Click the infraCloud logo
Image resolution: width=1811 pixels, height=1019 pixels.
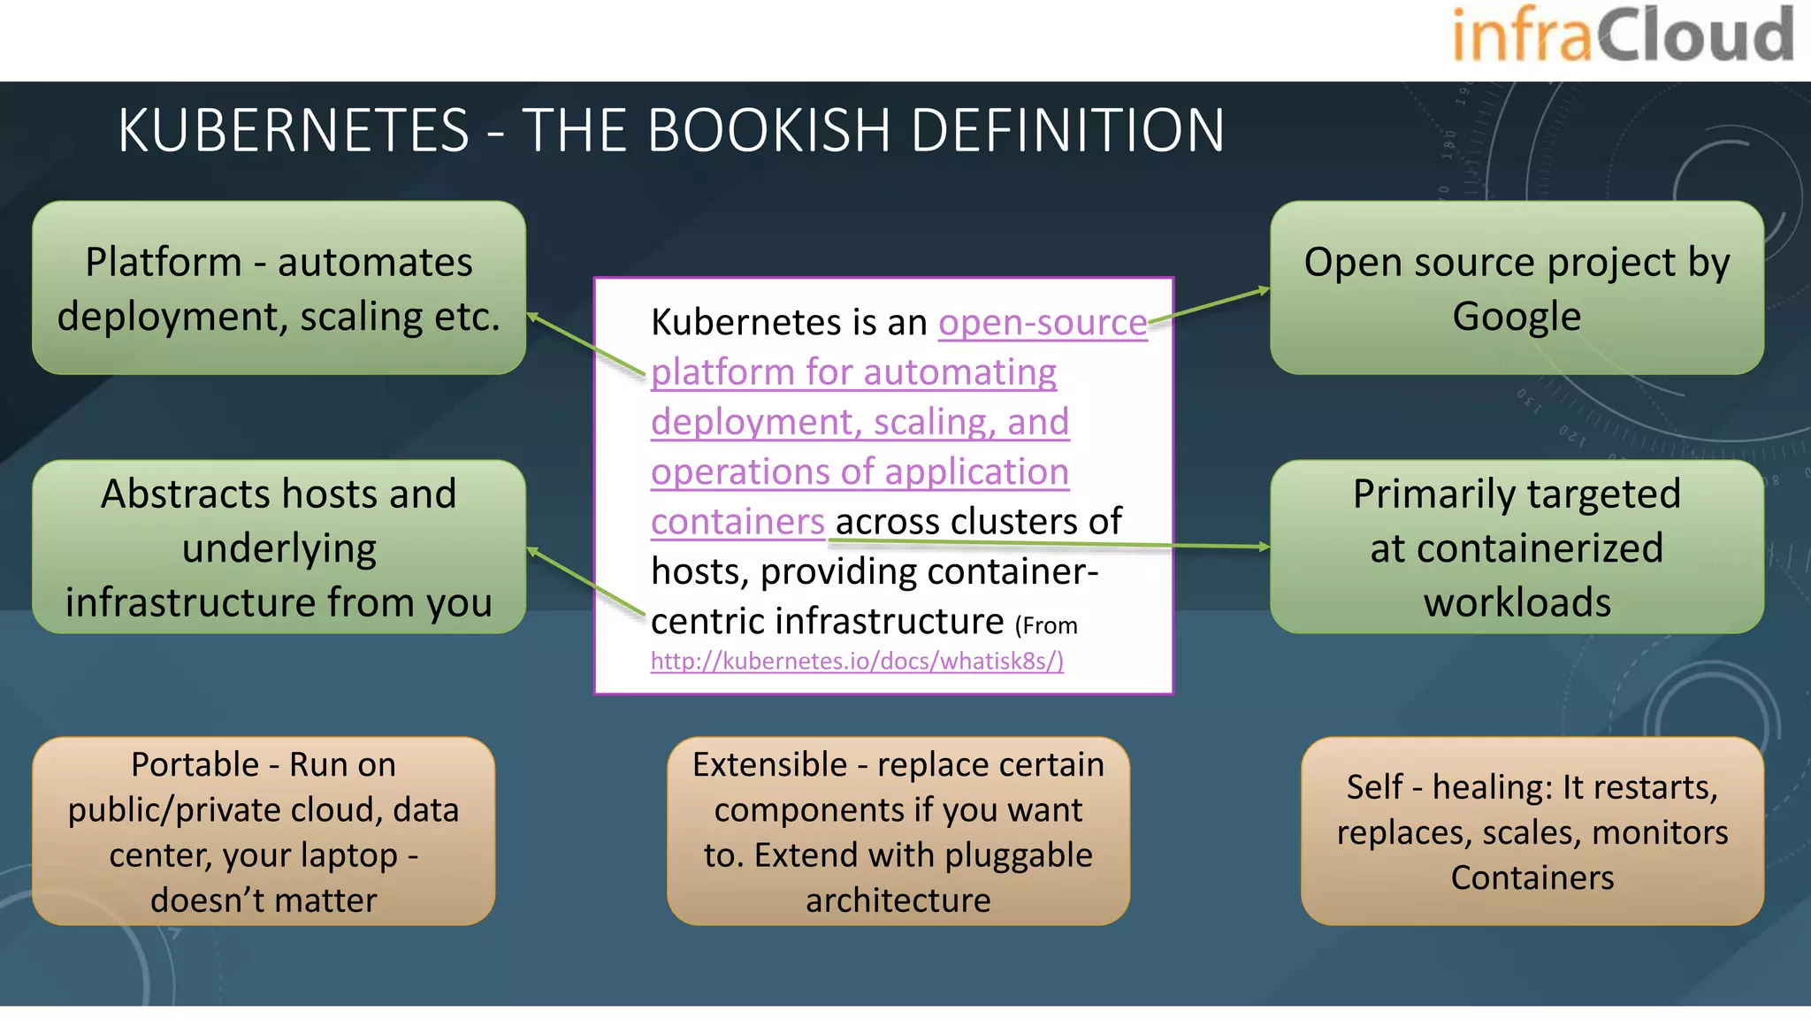[x=1623, y=35]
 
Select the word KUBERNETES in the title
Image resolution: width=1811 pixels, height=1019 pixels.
[x=294, y=131]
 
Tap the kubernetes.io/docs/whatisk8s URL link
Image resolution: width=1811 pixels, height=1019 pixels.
[x=856, y=662]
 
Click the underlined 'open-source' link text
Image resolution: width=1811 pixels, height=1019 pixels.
[x=1042, y=323]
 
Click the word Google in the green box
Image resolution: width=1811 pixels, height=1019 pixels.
[x=1517, y=317]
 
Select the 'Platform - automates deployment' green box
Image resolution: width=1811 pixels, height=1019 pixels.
[x=279, y=287]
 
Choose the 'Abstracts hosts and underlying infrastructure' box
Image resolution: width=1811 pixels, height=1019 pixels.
[x=279, y=547]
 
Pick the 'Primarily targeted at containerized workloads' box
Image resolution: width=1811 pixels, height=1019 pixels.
[x=1517, y=547]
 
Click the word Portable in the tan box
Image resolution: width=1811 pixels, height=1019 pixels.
[x=195, y=765]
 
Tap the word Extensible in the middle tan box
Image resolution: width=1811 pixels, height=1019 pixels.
[x=769, y=765]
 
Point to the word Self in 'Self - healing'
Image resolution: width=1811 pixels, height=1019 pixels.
[x=1374, y=787]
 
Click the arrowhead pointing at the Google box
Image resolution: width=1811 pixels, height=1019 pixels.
[x=1265, y=290]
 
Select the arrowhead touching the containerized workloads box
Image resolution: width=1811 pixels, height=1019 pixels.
[x=1265, y=547]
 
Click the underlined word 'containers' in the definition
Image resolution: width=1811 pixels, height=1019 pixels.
[x=737, y=522]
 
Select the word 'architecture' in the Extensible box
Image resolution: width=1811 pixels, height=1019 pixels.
[x=898, y=900]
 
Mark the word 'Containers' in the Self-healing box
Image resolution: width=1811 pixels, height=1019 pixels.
[x=1532, y=877]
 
